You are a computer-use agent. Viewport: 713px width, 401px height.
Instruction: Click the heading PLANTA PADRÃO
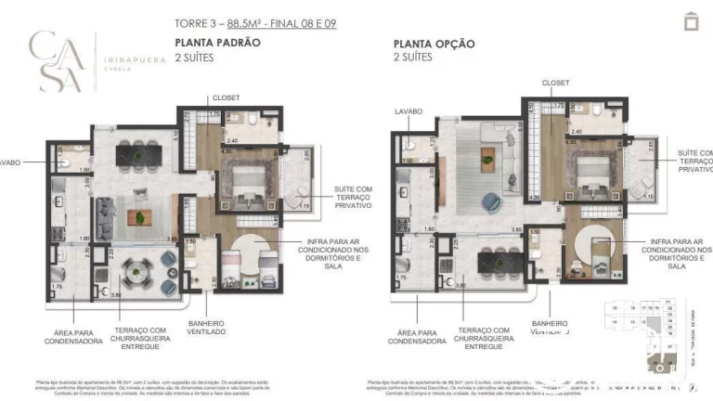[x=217, y=43]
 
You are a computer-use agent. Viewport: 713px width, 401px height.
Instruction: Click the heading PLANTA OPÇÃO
[x=434, y=43]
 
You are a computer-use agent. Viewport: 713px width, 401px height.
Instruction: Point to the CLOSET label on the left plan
[x=226, y=97]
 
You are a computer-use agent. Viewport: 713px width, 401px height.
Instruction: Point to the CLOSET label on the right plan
[x=555, y=84]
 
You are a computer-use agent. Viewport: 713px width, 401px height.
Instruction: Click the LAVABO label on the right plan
[x=408, y=110]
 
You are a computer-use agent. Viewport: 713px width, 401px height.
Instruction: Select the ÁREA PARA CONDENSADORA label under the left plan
[x=72, y=336]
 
